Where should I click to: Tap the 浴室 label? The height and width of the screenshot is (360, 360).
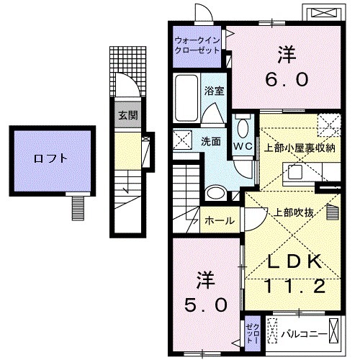click(213, 92)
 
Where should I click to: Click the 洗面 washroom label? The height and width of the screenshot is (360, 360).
click(210, 142)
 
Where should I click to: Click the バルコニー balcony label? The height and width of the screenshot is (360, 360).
click(301, 332)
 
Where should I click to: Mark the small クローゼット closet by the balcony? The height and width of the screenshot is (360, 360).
click(252, 331)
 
